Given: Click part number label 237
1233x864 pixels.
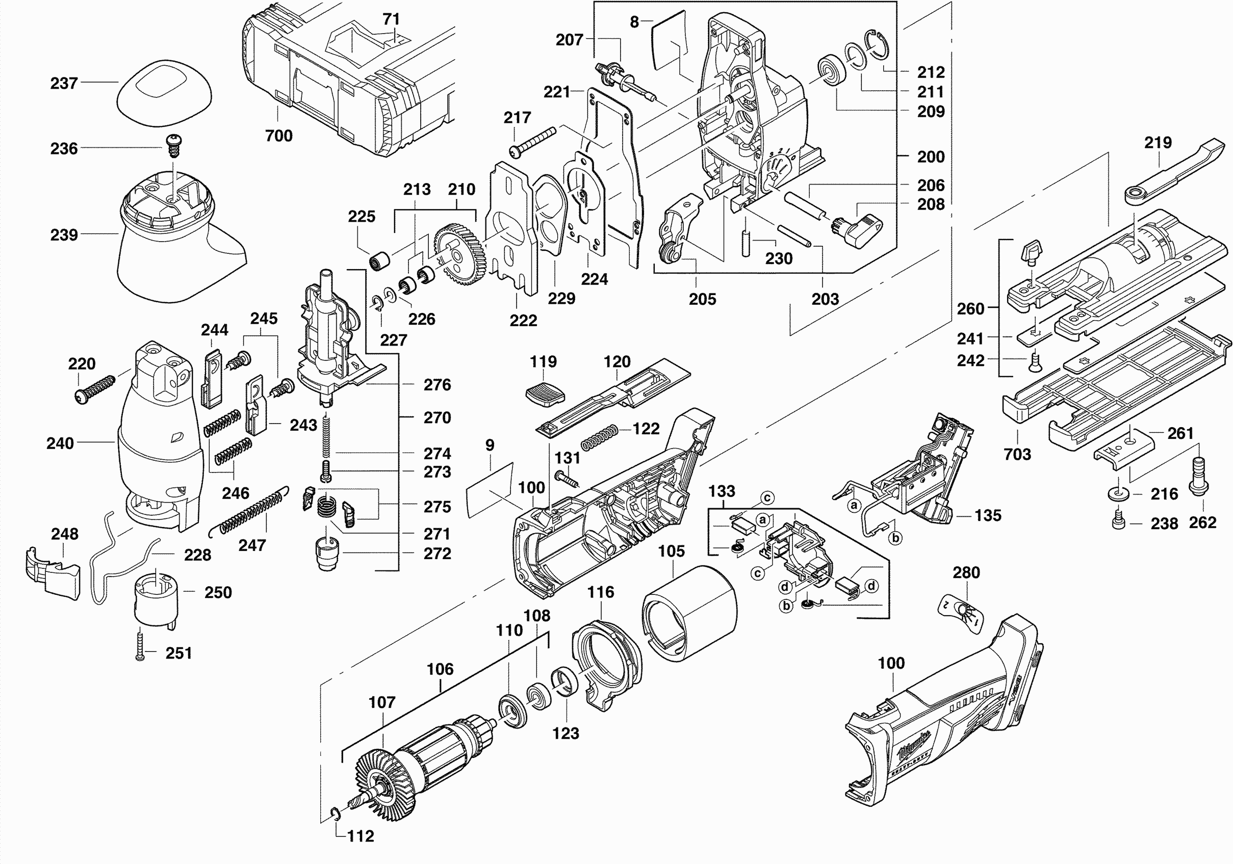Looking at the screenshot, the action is pyautogui.click(x=64, y=83).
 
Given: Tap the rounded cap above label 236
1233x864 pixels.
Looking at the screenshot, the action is pyautogui.click(x=164, y=94).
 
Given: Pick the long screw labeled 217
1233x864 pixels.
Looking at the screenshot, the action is pyautogui.click(x=534, y=142).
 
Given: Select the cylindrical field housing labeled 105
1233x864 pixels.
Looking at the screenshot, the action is pyautogui.click(x=690, y=613).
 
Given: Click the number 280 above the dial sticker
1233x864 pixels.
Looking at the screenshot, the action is pyautogui.click(x=966, y=572).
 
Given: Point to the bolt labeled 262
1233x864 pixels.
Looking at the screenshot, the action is pyautogui.click(x=1199, y=475).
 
